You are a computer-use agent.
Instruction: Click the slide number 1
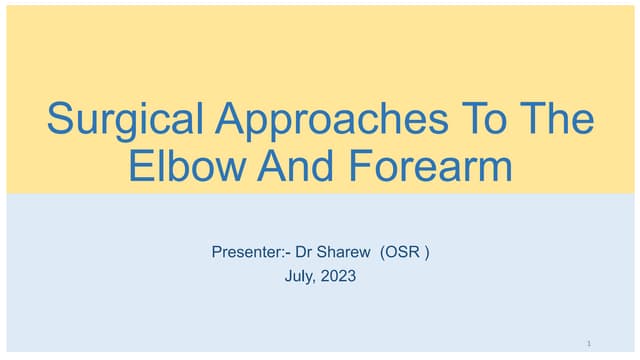[x=589, y=343]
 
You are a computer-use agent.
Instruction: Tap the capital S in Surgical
[x=61, y=120]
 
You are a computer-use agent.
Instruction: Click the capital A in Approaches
[x=229, y=120]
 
